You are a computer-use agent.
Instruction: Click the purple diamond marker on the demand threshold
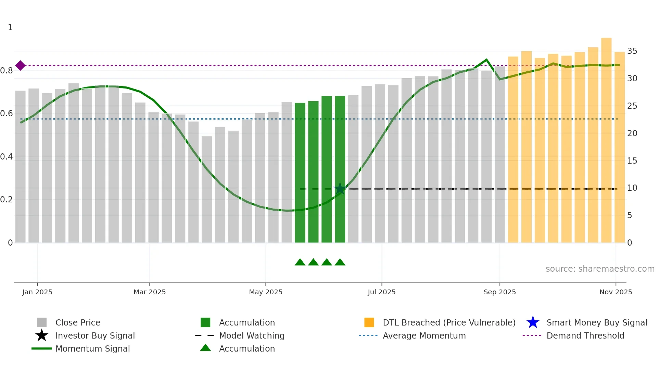(x=20, y=66)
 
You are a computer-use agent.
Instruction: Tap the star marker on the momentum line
(x=340, y=189)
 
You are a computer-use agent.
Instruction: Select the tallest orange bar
(x=606, y=140)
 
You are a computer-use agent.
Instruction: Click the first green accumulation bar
(x=300, y=173)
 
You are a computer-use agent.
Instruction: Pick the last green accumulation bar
(x=340, y=169)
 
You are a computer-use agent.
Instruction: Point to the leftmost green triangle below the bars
(x=300, y=262)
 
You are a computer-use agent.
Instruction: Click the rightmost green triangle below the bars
(x=340, y=262)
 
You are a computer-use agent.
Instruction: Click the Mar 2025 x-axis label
(x=150, y=292)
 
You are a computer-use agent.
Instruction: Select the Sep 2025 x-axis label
(x=499, y=292)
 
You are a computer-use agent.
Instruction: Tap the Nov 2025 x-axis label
(x=616, y=292)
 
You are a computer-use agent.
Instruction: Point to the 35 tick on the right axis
(x=632, y=51)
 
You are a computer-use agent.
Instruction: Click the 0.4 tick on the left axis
(x=7, y=157)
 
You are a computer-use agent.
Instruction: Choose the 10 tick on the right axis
(x=632, y=188)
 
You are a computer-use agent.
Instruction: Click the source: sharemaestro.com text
(x=600, y=269)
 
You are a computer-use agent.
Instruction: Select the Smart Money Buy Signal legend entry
(x=596, y=323)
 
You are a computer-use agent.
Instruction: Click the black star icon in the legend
(x=41, y=335)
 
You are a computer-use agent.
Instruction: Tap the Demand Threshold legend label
(x=585, y=336)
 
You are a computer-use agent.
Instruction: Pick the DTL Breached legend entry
(x=449, y=323)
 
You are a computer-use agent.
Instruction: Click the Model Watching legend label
(x=252, y=336)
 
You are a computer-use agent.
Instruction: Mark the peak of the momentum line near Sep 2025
(x=486, y=60)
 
